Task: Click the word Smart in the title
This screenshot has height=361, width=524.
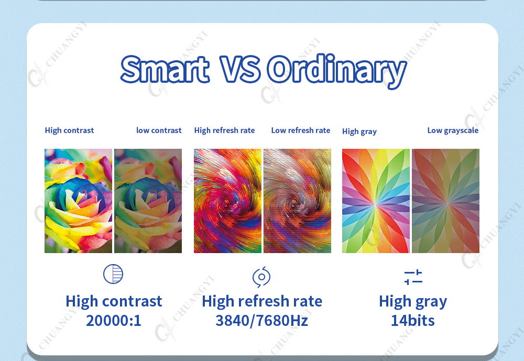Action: pos(165,69)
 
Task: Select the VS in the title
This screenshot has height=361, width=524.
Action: pos(240,69)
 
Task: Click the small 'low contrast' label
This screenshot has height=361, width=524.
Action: pos(159,130)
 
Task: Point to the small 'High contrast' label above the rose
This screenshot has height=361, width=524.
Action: pos(70,130)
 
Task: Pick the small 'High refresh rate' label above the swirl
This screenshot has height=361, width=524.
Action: pos(225,130)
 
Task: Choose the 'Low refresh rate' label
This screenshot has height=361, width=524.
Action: pos(301,130)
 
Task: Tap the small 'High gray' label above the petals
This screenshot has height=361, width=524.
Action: pos(359,132)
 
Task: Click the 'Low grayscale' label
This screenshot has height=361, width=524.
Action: pos(453,130)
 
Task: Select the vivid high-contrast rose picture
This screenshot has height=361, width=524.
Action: pos(79,201)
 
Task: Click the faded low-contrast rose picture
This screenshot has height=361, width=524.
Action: pos(148,201)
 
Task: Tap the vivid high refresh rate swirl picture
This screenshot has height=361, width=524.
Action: pos(227,201)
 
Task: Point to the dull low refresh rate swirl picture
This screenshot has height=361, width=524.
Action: pos(298,201)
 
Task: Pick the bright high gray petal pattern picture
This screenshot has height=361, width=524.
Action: pos(376,201)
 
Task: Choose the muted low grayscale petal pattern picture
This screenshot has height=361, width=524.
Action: pos(446,201)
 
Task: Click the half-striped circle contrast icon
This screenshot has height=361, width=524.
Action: pos(113,274)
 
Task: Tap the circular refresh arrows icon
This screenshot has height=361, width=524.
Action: pos(261,277)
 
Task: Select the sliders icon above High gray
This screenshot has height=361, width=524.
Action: pos(413,277)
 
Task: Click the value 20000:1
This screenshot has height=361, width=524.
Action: pos(114,321)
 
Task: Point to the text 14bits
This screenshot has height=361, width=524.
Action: pos(413,321)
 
